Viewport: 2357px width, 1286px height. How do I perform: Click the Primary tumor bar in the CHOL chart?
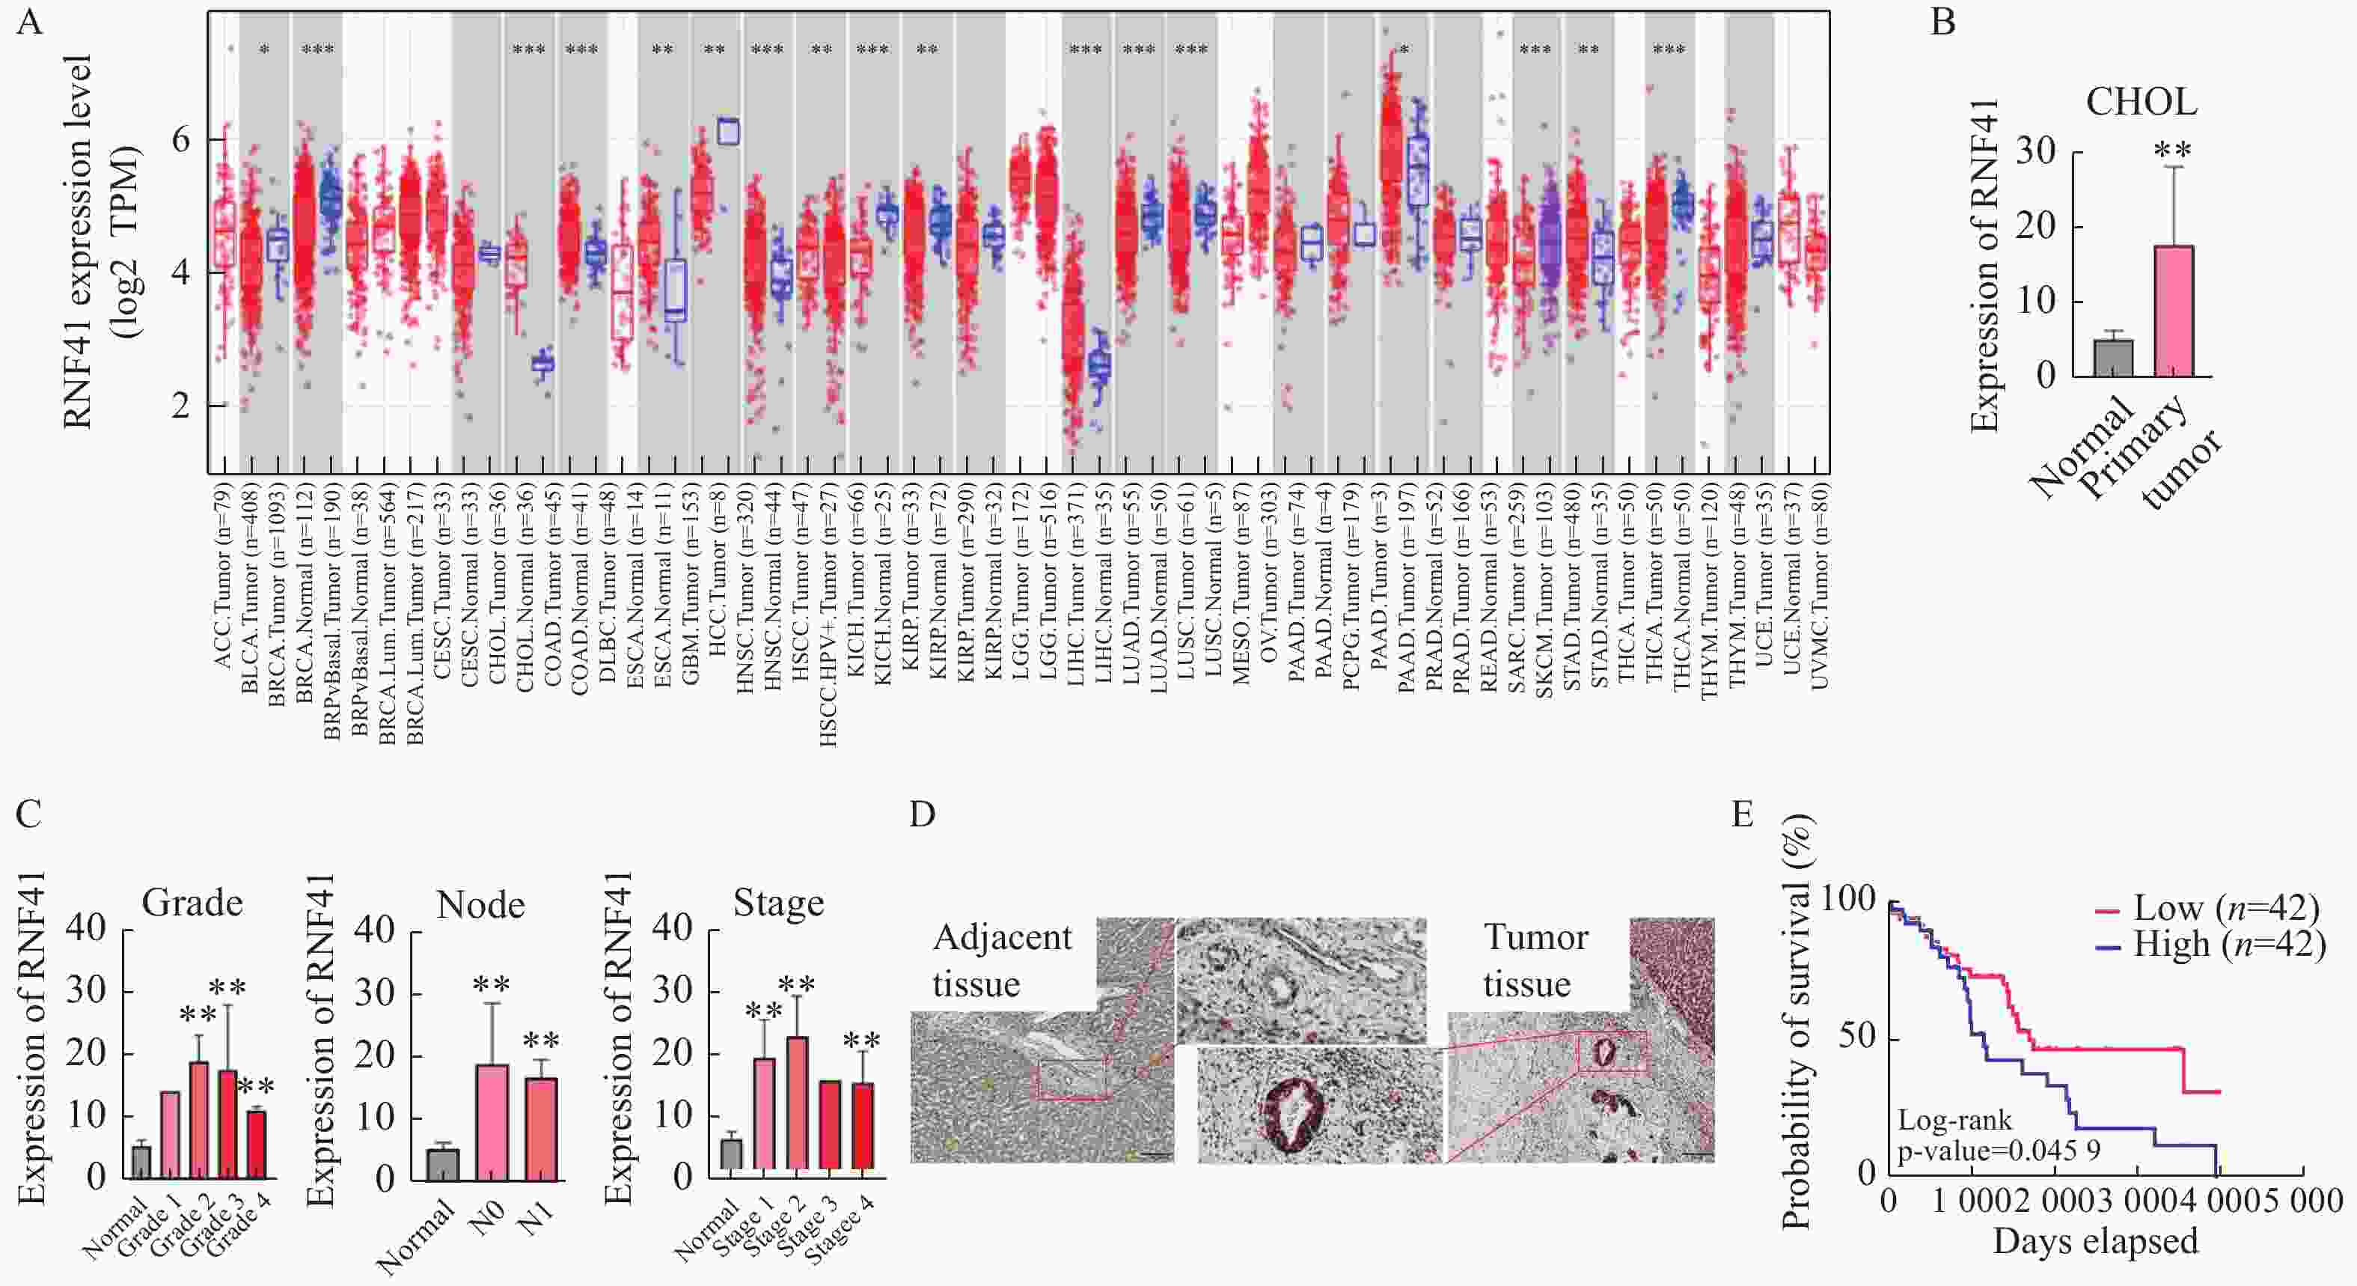pyautogui.click(x=2174, y=311)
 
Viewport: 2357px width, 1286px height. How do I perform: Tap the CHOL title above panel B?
pyautogui.click(x=2141, y=103)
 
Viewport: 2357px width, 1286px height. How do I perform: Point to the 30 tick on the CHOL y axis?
pyautogui.click(x=2035, y=152)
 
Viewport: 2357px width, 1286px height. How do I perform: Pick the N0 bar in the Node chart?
pyautogui.click(x=492, y=1121)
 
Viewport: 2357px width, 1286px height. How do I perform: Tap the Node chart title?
pyautogui.click(x=480, y=905)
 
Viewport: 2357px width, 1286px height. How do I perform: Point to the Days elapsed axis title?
pyautogui.click(x=2095, y=1241)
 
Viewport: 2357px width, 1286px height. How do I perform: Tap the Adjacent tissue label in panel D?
pyautogui.click(x=1002, y=960)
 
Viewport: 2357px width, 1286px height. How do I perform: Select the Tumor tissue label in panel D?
pyautogui.click(x=1535, y=960)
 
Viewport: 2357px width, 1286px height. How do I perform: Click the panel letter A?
pyautogui.click(x=29, y=20)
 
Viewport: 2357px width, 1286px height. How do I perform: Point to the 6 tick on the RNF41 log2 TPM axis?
pyautogui.click(x=181, y=140)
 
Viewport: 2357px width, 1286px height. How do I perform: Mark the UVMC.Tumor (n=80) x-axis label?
pyautogui.click(x=1819, y=604)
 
